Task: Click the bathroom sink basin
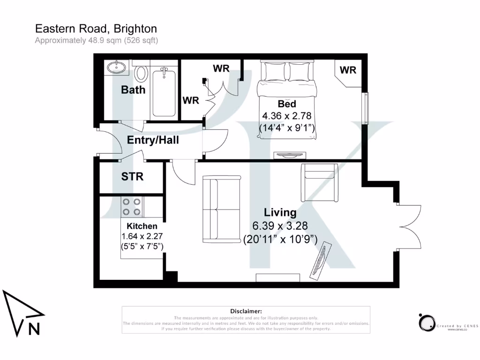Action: point(116,67)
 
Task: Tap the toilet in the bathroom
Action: point(140,74)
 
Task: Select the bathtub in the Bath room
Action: point(164,92)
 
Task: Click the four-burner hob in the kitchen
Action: point(132,207)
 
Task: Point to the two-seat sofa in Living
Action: point(221,209)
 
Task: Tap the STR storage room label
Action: point(132,177)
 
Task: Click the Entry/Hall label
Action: point(153,140)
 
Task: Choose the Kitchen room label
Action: point(142,226)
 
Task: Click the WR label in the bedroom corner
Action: point(348,70)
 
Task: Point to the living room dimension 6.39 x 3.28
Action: point(280,226)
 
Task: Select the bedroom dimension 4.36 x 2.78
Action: point(287,115)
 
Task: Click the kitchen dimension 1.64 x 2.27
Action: point(142,236)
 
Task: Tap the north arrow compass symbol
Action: point(22,314)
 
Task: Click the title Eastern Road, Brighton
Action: point(96,29)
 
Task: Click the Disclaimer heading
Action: point(246,311)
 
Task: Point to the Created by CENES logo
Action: point(448,323)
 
